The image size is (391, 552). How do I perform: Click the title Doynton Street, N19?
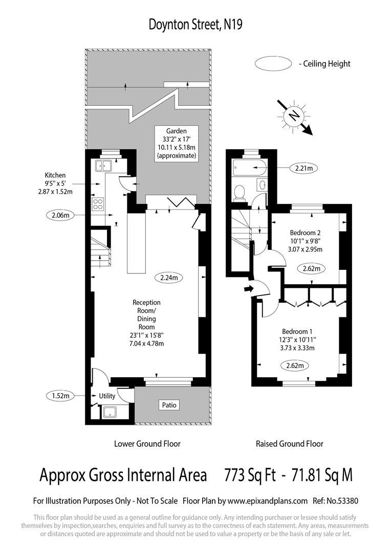click(196, 25)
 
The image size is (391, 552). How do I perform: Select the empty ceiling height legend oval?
click(273, 64)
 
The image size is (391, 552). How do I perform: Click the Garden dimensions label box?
click(176, 144)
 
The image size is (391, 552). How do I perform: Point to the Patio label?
click(169, 405)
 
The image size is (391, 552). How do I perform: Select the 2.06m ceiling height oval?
click(60, 215)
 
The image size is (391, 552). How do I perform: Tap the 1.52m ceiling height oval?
click(60, 396)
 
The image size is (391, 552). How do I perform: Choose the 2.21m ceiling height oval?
click(304, 168)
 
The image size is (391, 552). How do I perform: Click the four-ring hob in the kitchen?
click(98, 204)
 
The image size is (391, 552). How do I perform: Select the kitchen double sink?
click(103, 165)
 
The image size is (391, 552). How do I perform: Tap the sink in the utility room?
click(111, 412)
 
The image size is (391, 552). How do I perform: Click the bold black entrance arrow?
click(249, 289)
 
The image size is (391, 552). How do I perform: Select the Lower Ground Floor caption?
click(147, 444)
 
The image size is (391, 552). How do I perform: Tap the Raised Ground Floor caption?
click(290, 444)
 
